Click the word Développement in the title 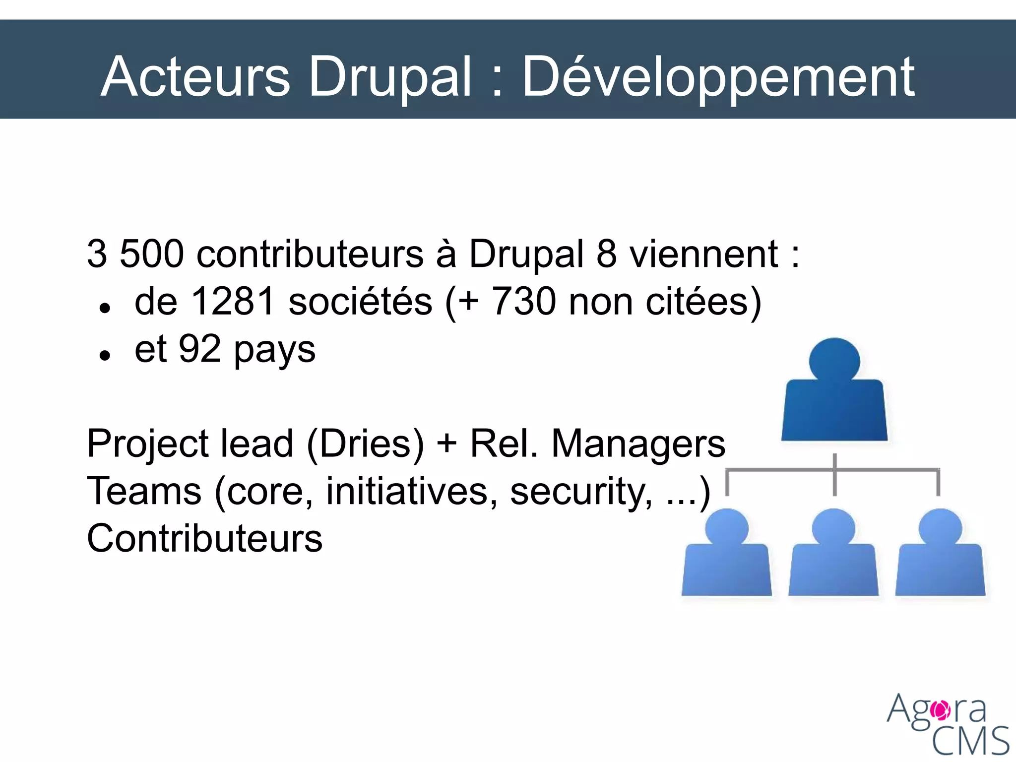coord(718,77)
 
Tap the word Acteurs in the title coord(195,77)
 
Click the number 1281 coord(232,302)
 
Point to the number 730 coord(524,302)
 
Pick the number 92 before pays coord(199,349)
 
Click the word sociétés coord(360,302)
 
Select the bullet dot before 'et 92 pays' coord(104,356)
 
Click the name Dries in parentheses coord(365,444)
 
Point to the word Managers coord(638,444)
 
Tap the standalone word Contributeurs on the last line coord(204,539)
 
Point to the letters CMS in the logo coord(970,741)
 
